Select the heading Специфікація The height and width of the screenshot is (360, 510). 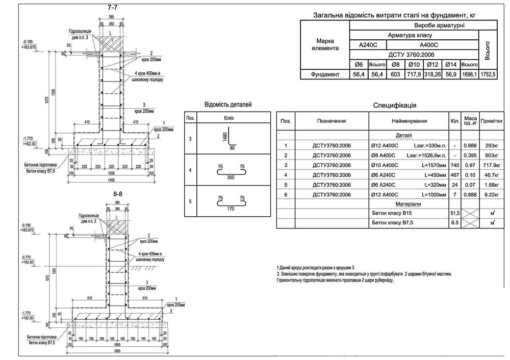[395, 106]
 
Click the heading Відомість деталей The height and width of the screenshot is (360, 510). [227, 105]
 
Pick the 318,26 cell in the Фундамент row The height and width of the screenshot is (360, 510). [432, 75]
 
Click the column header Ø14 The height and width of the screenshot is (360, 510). [450, 65]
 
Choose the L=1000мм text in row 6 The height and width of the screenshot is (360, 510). [433, 194]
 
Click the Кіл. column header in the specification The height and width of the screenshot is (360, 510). [454, 121]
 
